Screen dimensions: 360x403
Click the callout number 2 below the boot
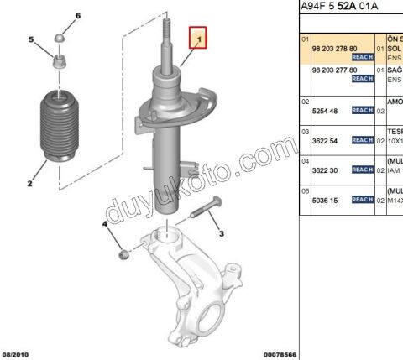tap(29, 181)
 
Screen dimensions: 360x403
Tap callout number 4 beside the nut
tap(105, 224)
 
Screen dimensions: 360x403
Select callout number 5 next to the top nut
tap(31, 39)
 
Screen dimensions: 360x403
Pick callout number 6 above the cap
tap(78, 17)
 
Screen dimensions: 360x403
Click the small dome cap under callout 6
tap(60, 38)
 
